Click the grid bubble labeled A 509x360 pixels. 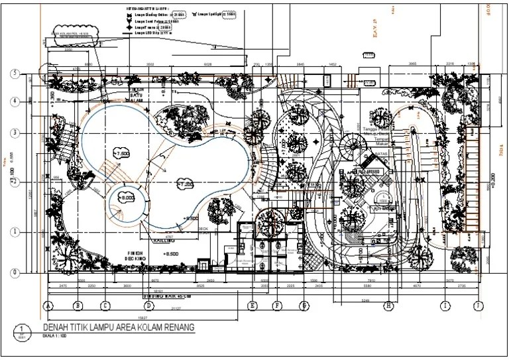(x=48, y=306)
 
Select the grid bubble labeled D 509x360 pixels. (x=149, y=306)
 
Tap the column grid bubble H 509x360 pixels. (x=389, y=306)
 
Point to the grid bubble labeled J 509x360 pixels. (x=477, y=306)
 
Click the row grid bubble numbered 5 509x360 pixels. (x=13, y=74)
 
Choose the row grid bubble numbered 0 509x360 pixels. (x=13, y=272)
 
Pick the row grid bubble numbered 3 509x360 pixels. (x=13, y=133)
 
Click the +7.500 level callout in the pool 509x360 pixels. (x=120, y=152)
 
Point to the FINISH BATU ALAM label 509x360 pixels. (x=136, y=95)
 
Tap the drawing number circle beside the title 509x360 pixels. (x=22, y=330)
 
